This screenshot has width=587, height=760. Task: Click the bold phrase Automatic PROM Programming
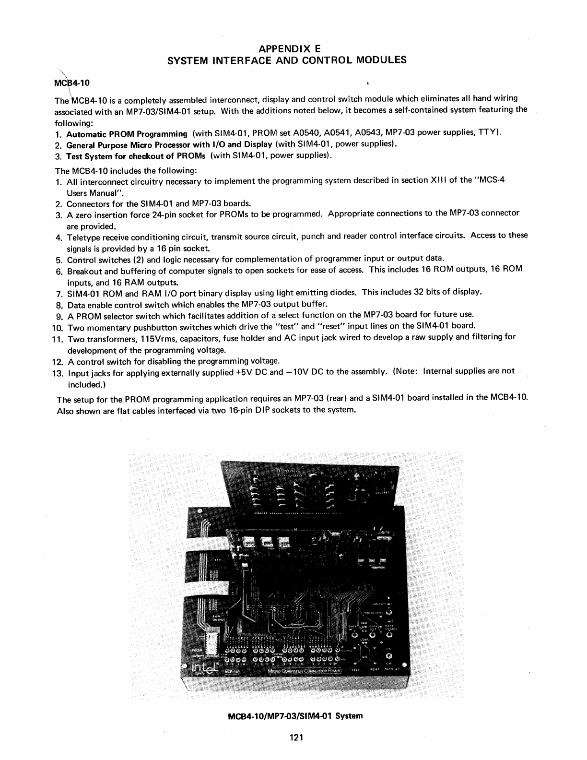coord(127,134)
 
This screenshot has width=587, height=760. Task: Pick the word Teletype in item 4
coord(83,237)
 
